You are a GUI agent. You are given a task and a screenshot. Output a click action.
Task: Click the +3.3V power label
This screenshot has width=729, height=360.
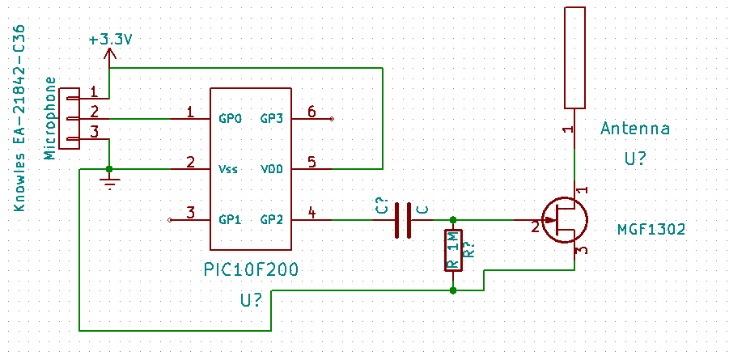[110, 40]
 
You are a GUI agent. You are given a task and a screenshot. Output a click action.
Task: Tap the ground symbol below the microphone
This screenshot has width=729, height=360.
[110, 184]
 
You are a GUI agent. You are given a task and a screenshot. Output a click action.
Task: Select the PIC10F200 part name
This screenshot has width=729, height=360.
[251, 269]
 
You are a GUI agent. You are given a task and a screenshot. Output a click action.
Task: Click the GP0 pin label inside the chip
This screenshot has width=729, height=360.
[230, 119]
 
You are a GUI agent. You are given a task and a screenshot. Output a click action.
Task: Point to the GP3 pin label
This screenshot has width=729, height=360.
[271, 119]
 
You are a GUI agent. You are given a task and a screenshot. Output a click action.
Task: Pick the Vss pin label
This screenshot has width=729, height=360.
[228, 169]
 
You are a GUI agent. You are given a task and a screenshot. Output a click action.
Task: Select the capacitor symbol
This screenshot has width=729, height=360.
[403, 220]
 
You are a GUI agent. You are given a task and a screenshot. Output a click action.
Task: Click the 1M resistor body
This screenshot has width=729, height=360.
[453, 250]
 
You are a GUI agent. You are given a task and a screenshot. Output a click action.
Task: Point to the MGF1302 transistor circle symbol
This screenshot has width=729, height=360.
[565, 220]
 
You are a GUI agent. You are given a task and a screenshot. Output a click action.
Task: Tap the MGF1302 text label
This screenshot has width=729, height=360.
[651, 229]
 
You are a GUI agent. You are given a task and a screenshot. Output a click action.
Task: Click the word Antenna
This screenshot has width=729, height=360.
[635, 129]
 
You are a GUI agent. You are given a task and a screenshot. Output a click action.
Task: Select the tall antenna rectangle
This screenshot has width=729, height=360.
[574, 57]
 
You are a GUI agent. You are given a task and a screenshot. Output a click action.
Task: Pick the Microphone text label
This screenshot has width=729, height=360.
[51, 119]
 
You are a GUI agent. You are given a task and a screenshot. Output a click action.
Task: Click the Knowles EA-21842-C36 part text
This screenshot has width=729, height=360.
[20, 119]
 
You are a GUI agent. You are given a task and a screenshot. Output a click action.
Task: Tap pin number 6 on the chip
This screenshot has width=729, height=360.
[311, 111]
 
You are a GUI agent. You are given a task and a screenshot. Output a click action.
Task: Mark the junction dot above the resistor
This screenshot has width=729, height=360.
[453, 219]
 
